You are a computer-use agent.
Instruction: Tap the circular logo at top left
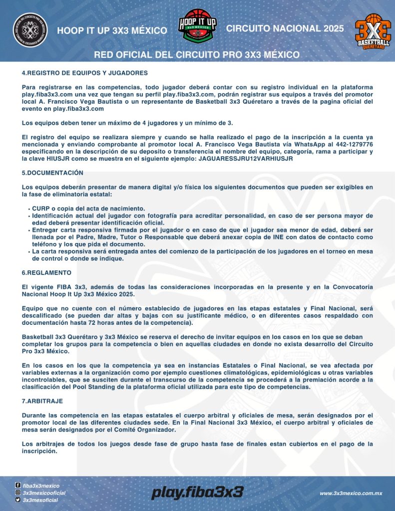pos(30,30)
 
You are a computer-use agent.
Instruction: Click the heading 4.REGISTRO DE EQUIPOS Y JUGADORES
pos(84,73)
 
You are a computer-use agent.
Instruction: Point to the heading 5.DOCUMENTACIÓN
pos(52,173)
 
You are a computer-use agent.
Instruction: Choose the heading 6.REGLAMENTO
pos(46,273)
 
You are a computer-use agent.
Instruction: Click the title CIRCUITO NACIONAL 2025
pos(285,28)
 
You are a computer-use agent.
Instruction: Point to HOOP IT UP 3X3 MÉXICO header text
pos(112,30)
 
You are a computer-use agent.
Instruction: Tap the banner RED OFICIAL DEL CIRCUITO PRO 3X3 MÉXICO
pos(197,54)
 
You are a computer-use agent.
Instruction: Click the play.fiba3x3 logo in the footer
pos(197,493)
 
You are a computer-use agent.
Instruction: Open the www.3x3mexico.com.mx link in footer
pos(351,493)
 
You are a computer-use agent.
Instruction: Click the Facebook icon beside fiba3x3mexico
pos(18,485)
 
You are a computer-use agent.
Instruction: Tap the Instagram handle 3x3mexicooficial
pos(44,493)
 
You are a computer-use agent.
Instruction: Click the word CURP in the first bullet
pos(41,208)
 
